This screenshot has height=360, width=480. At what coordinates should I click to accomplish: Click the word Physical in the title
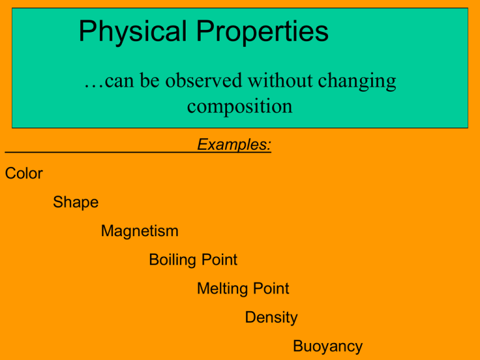(x=132, y=31)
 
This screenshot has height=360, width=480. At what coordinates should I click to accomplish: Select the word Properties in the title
(x=262, y=31)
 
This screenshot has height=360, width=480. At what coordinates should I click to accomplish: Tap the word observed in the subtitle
(x=204, y=81)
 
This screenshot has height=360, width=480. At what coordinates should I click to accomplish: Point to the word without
(x=280, y=81)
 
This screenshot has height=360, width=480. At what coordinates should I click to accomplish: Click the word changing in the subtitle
(x=357, y=81)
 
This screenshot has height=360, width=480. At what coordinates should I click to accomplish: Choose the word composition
(x=240, y=107)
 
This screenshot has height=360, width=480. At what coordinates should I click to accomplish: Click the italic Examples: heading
(x=234, y=144)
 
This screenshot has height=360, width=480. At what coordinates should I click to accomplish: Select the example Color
(x=24, y=173)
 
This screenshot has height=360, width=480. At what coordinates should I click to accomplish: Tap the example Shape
(x=76, y=202)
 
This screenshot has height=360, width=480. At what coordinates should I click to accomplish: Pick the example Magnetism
(x=139, y=231)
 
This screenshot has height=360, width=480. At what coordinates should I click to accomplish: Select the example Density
(x=271, y=317)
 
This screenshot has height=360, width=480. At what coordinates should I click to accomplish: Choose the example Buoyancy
(x=328, y=346)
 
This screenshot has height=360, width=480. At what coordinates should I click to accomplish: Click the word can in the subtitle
(x=119, y=81)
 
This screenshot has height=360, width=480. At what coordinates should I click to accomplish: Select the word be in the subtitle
(x=150, y=81)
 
